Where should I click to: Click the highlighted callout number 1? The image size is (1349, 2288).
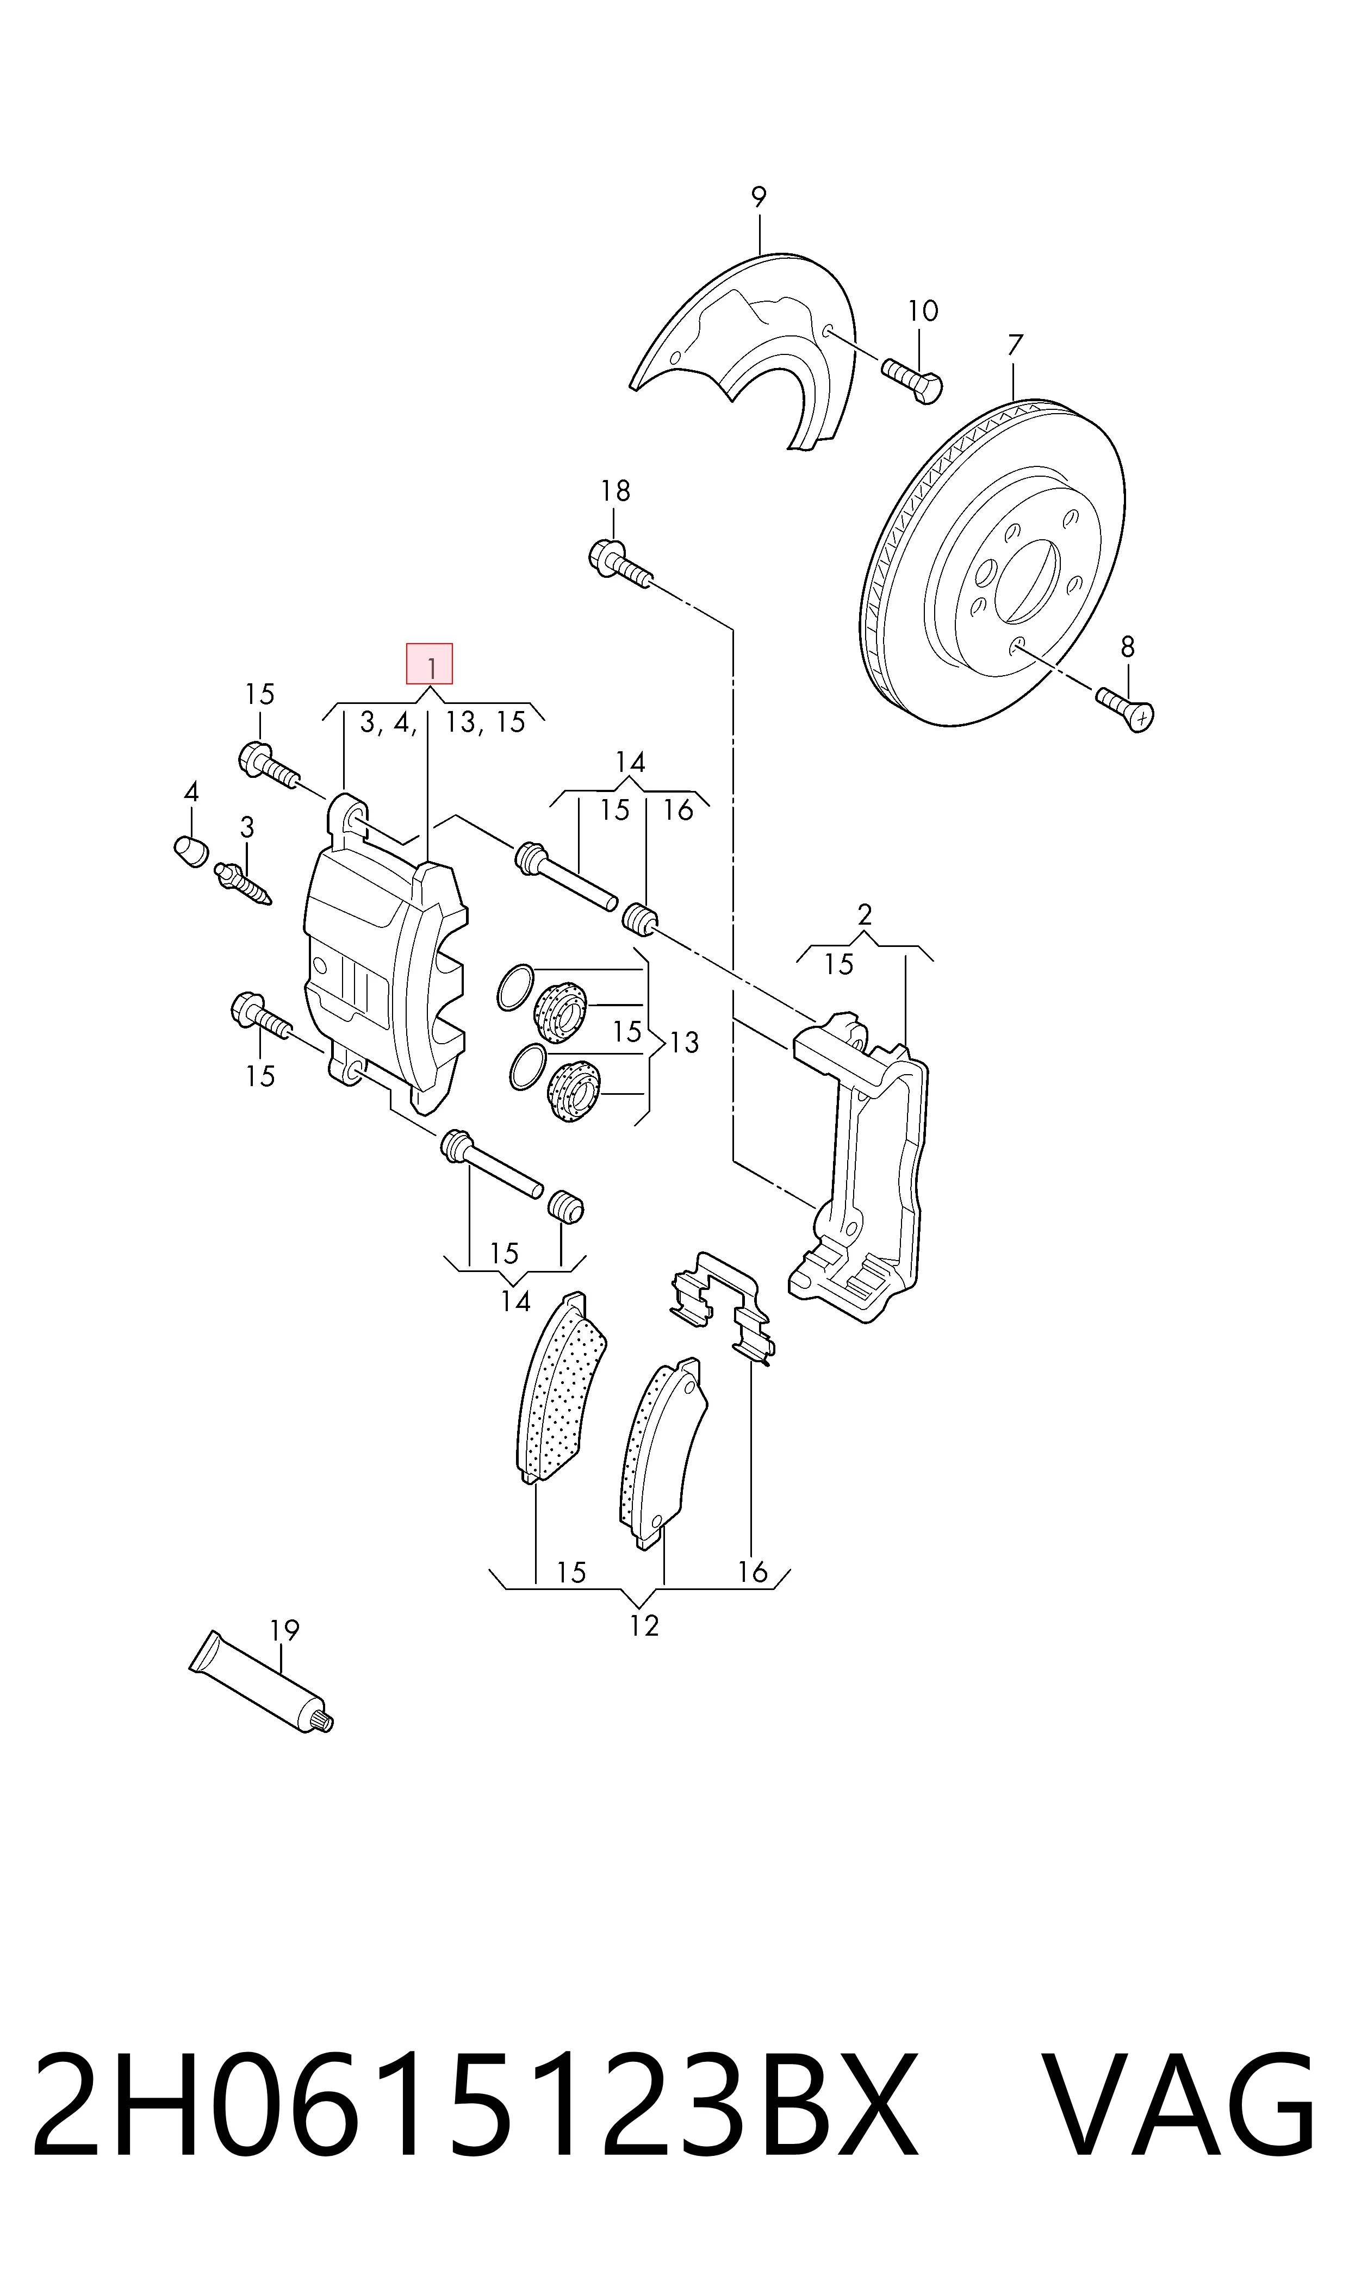tap(429, 664)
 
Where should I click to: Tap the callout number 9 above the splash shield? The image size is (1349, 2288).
tap(758, 196)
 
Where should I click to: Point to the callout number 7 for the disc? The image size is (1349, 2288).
tap(1015, 345)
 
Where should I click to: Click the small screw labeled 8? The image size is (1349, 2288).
tap(1126, 709)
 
